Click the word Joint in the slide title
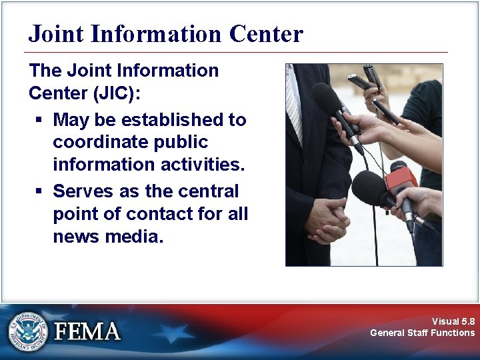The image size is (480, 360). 53,33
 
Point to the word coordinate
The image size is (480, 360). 97,143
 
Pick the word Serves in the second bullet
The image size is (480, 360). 78,191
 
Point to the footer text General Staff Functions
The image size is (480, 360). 423,333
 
